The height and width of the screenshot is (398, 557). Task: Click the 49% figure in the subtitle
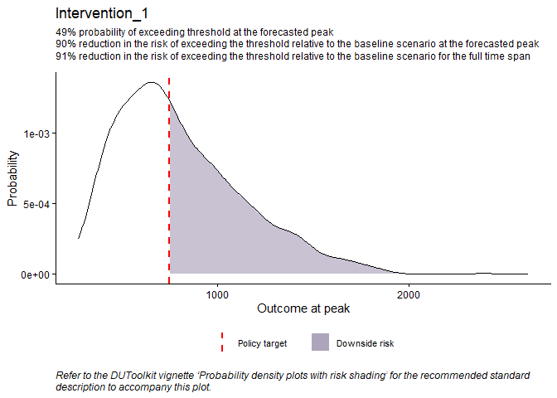(65, 32)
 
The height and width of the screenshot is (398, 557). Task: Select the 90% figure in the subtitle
(65, 43)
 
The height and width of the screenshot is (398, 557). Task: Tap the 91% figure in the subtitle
(65, 56)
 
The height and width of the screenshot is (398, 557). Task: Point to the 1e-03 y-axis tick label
(36, 133)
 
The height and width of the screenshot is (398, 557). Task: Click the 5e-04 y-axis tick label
(36, 203)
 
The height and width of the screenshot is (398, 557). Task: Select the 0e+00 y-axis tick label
(36, 274)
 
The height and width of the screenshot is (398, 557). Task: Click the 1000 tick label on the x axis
(217, 294)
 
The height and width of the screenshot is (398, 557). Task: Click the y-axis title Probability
(13, 177)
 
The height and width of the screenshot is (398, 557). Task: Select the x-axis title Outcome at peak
(303, 309)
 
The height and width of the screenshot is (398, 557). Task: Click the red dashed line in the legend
(221, 342)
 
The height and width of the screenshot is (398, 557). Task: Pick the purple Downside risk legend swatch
(319, 342)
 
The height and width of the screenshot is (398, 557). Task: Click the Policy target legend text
(262, 343)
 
